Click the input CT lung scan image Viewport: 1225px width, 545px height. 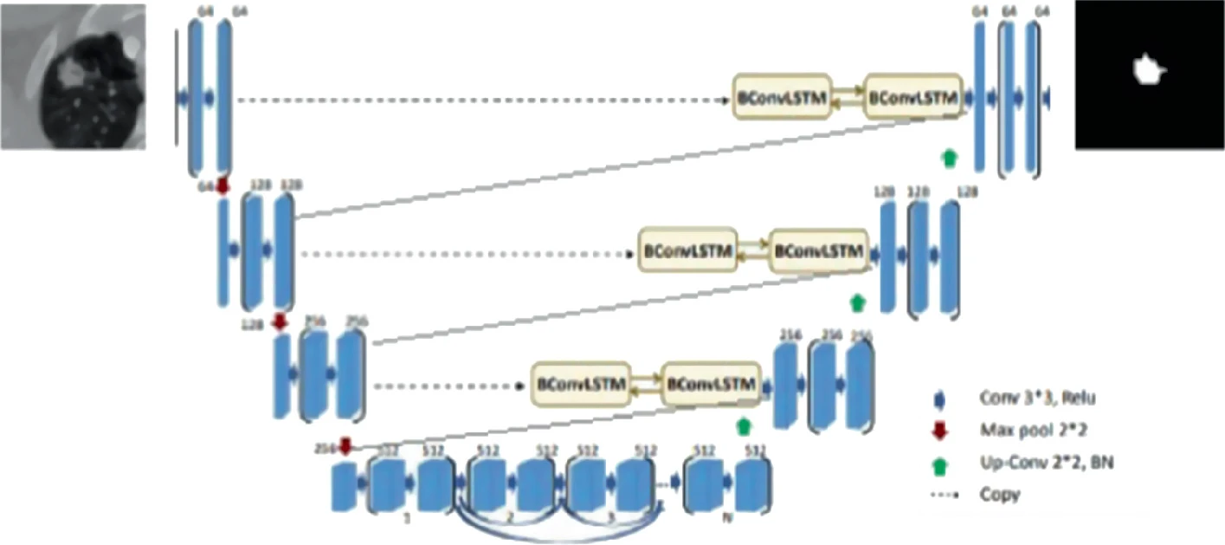73,75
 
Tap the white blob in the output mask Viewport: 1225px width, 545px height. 1148,68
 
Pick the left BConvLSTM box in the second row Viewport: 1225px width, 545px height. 687,250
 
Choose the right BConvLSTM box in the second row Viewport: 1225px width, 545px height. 817,250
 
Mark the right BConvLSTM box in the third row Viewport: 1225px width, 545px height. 711,383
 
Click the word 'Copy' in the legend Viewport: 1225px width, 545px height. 1000,495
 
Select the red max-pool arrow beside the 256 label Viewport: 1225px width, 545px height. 345,446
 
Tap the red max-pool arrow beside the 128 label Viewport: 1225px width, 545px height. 279,321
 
